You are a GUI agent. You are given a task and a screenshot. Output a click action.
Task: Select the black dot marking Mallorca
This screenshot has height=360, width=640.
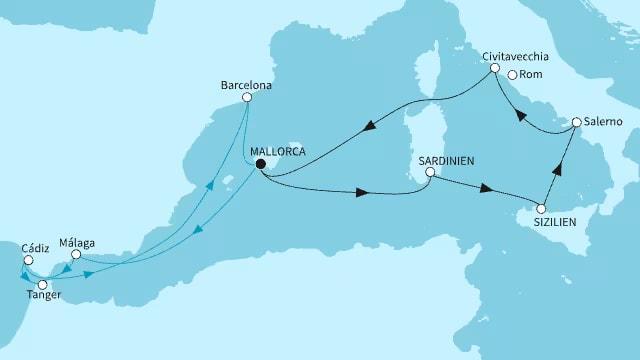tap(258, 163)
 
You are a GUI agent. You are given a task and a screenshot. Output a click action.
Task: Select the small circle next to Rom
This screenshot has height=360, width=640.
tap(512, 75)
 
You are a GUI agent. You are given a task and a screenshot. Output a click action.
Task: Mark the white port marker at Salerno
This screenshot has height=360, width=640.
tap(576, 123)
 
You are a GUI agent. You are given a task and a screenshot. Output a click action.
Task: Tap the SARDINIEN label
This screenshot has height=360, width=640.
tap(447, 158)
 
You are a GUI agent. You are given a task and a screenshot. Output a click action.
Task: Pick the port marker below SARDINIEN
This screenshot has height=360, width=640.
tap(429, 172)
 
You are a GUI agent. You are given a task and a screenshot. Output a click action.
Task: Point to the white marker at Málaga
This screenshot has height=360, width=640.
tap(74, 256)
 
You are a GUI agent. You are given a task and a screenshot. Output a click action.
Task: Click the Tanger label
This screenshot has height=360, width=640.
tap(43, 297)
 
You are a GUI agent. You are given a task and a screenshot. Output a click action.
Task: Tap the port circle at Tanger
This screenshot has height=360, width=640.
tap(43, 284)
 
